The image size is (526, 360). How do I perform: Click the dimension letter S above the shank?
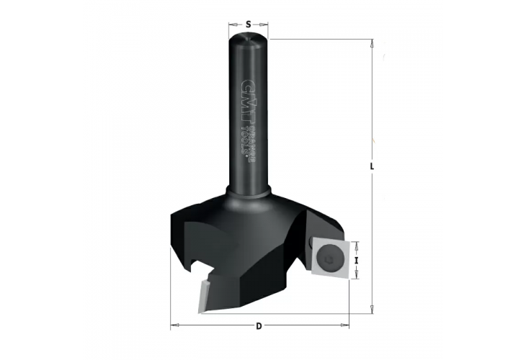pyautogui.click(x=249, y=24)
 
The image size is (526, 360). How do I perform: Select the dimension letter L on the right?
pyautogui.click(x=371, y=166)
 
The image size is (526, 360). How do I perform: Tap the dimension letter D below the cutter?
pyautogui.click(x=259, y=326)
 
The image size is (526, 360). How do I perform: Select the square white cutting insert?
pyautogui.click(x=330, y=256)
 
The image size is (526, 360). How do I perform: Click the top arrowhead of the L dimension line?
pyautogui.click(x=371, y=43)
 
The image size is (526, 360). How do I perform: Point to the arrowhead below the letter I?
pyautogui.click(x=357, y=275)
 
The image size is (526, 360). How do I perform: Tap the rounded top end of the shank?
pyautogui.click(x=249, y=39)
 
